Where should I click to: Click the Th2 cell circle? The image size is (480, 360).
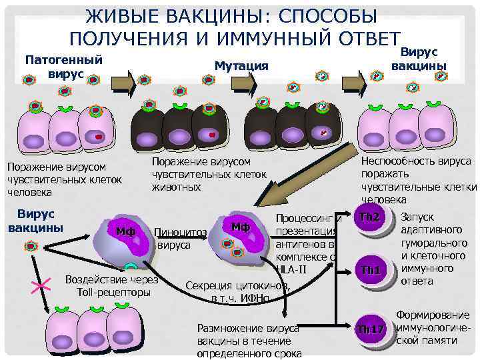(369, 219)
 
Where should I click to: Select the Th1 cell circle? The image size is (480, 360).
(369, 270)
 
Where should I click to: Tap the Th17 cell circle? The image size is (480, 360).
(371, 329)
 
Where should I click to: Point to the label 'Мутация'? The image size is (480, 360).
(241, 65)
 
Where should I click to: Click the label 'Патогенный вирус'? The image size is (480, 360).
(63, 66)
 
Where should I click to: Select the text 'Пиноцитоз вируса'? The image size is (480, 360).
(181, 239)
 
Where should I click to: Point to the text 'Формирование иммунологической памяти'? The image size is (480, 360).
(433, 327)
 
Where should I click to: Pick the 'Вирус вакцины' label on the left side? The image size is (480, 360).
(35, 221)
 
